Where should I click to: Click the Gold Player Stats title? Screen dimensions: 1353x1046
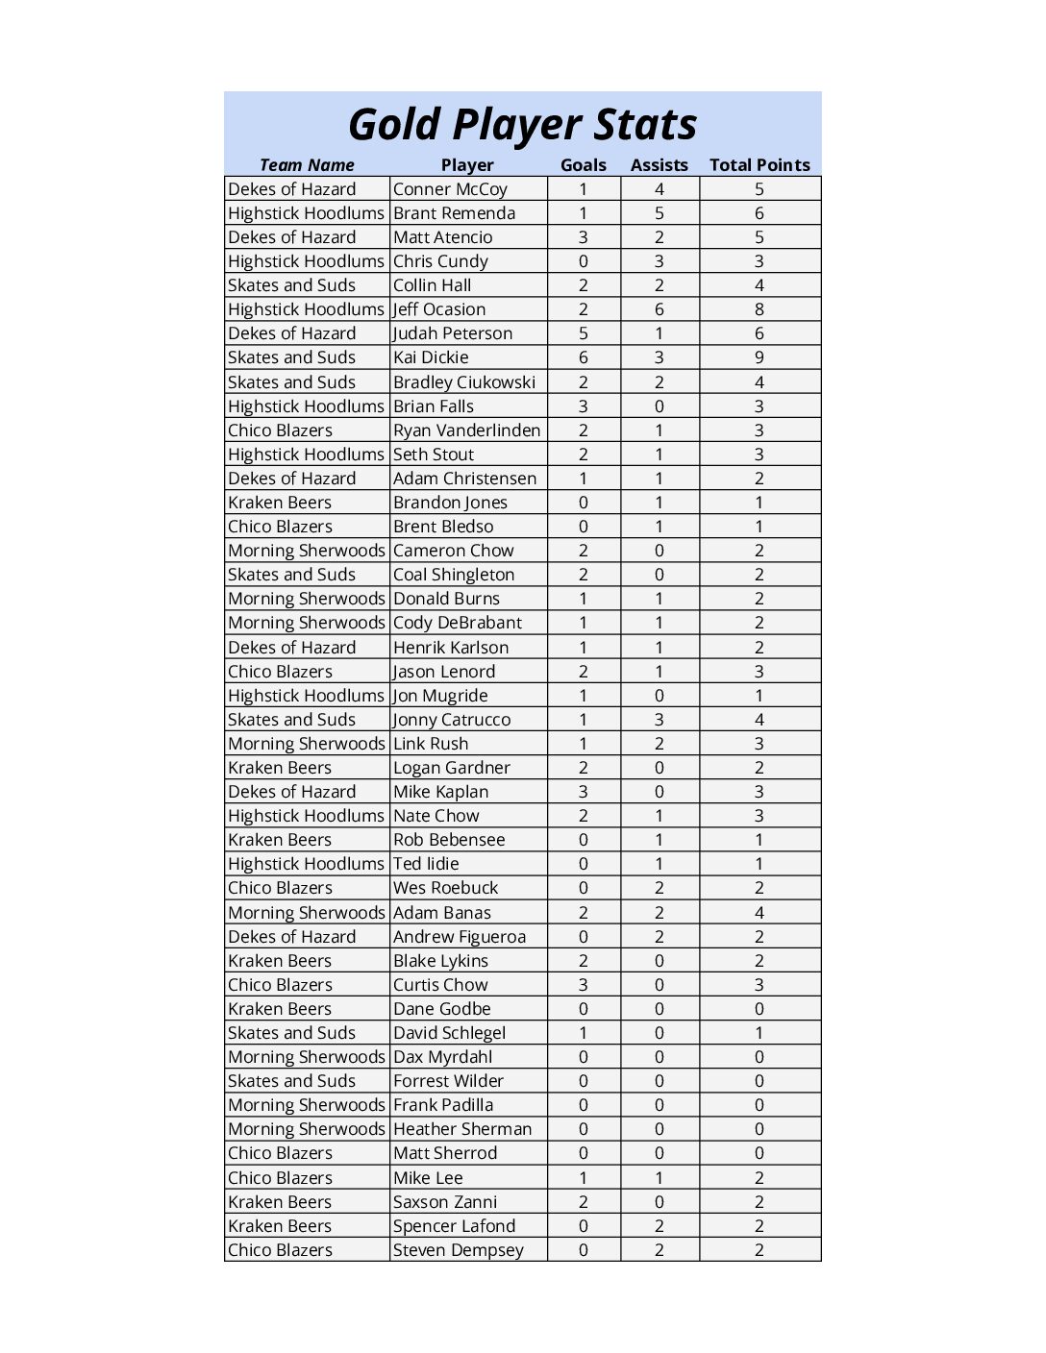tap(522, 125)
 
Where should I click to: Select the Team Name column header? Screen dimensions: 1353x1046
tap(307, 165)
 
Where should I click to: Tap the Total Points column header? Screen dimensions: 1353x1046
tap(760, 165)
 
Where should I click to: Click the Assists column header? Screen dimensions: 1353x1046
tap(659, 165)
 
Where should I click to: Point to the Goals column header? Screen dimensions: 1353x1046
tap(584, 165)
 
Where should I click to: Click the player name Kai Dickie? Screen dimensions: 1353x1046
tap(431, 357)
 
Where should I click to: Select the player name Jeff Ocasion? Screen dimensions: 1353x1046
tap(439, 309)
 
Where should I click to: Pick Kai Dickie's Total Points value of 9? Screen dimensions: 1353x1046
tap(760, 357)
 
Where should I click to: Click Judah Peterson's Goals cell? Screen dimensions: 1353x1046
tap(584, 333)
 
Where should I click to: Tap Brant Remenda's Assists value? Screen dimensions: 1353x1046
tap(660, 213)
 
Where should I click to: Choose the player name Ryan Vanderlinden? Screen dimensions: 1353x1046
tap(466, 430)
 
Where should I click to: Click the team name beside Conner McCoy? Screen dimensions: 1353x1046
tap(292, 189)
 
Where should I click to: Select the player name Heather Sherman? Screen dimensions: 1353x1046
tap(462, 1129)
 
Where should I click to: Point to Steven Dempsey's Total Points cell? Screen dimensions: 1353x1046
tap(760, 1250)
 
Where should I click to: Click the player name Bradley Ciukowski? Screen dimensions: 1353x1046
tap(464, 382)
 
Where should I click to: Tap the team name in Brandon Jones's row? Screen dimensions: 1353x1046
tap(280, 503)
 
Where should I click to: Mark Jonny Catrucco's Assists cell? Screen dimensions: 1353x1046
tap(660, 720)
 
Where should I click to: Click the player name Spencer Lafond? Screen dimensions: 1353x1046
tap(454, 1226)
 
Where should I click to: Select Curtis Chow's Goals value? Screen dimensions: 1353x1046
tap(584, 985)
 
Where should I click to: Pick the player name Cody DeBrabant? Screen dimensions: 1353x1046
tap(458, 623)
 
